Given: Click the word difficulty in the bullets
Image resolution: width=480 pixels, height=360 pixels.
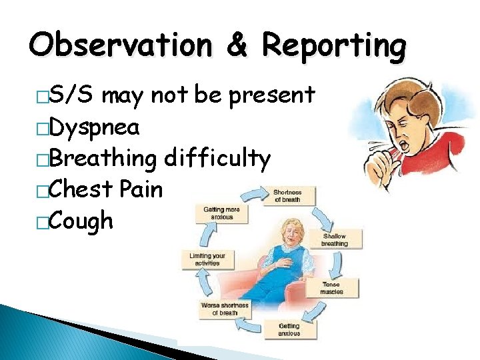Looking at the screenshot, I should (x=217, y=159).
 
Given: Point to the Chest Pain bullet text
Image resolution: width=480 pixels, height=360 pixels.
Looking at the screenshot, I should (x=106, y=189).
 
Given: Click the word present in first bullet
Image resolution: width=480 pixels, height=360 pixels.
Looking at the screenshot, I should (x=271, y=95).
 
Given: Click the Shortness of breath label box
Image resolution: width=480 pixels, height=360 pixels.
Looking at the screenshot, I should (x=287, y=196).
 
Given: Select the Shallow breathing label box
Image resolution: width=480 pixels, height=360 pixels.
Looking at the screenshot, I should (x=334, y=240).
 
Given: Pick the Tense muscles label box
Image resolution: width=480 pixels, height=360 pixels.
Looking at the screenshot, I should (x=331, y=288).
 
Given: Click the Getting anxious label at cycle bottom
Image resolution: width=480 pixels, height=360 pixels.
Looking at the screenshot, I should (x=289, y=329).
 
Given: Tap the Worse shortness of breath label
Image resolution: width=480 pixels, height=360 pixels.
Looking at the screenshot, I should (x=225, y=309).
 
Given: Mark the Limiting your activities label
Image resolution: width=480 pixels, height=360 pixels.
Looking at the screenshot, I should (x=207, y=259).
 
